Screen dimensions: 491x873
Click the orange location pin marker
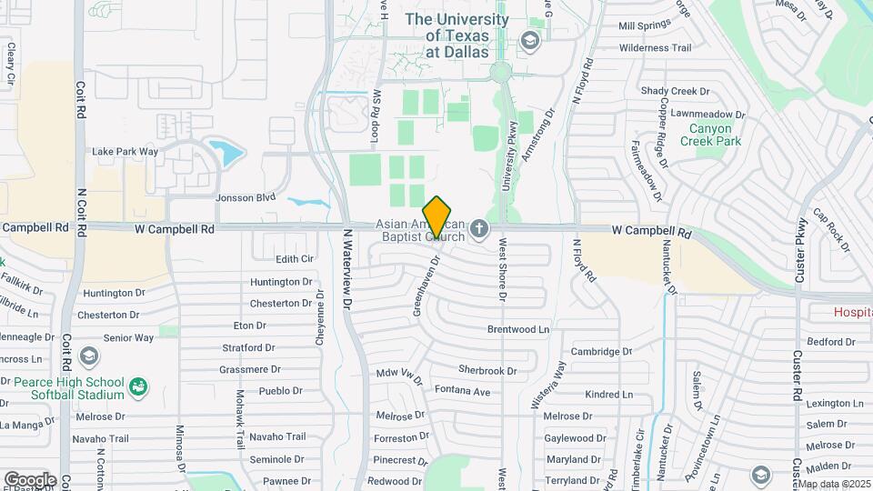point(437,216)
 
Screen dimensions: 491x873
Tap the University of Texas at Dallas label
point(457,35)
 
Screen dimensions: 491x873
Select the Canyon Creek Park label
point(716,135)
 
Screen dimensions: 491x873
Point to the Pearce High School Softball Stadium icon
point(138,388)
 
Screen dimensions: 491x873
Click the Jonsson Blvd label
point(246,197)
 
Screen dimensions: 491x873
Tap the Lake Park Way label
point(125,151)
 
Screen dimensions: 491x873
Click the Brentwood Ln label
point(519,328)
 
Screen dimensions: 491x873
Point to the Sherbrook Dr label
point(487,370)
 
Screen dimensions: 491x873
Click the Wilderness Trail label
point(655,47)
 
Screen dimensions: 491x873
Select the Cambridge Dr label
point(601,351)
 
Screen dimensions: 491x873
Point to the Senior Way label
point(128,337)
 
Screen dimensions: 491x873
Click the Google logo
point(30,479)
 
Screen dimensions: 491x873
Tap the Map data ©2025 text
point(834,484)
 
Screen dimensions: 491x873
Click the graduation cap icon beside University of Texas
point(529,41)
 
